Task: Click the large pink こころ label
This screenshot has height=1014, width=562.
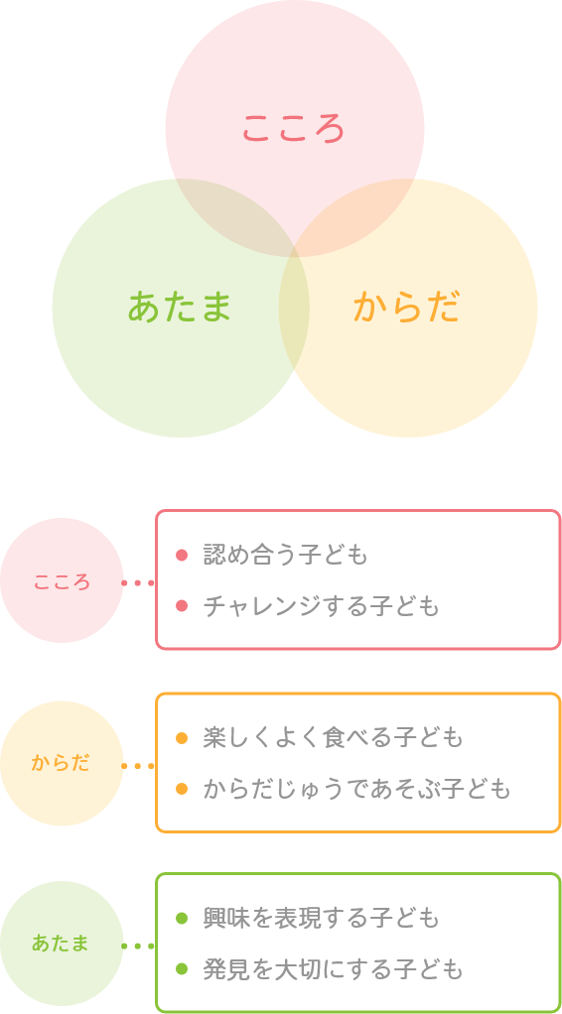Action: coord(293,128)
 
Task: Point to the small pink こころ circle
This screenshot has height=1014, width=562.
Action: coord(62,580)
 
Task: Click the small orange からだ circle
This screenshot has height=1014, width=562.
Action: coord(62,763)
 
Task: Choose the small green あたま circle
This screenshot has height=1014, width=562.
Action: coord(62,944)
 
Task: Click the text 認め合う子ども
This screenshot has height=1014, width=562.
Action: coord(286,555)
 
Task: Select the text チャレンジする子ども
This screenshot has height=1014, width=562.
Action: coord(321,606)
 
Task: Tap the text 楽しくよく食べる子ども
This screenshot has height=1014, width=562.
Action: coord(333,738)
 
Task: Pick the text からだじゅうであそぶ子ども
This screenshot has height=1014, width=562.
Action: coord(356,790)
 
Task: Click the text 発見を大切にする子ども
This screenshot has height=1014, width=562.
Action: coord(333,969)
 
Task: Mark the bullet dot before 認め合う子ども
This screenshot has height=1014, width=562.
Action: coord(182,555)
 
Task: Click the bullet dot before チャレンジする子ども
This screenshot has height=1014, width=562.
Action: coord(182,606)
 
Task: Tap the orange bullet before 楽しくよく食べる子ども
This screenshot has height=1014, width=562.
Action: coord(182,738)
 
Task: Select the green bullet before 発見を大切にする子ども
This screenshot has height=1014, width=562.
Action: coord(182,969)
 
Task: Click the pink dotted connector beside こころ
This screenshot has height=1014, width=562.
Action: coord(138,582)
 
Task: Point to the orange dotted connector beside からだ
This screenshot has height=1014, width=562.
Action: coord(138,766)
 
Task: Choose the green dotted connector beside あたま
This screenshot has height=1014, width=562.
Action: coord(138,947)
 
